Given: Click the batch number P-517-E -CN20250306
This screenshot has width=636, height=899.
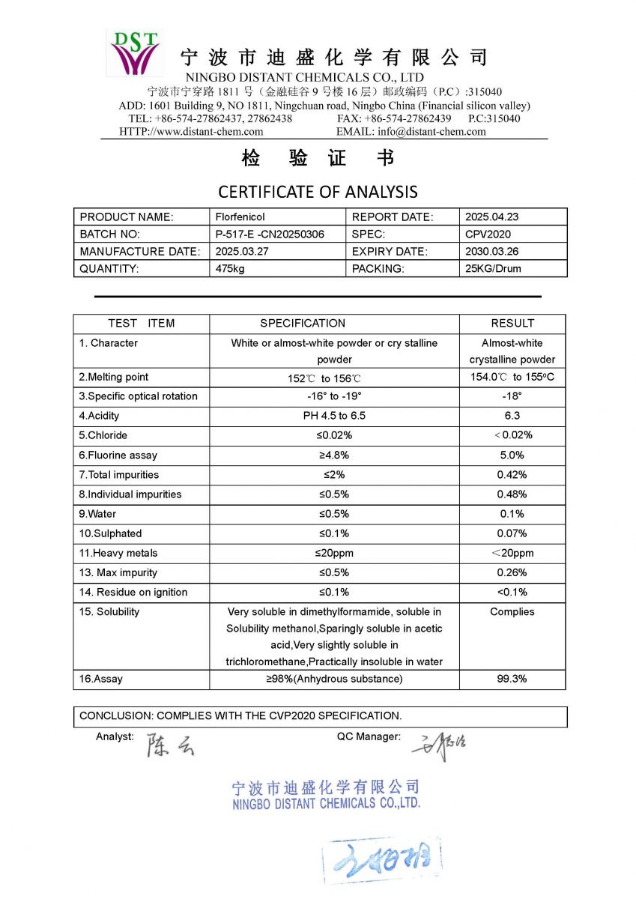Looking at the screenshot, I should [270, 234].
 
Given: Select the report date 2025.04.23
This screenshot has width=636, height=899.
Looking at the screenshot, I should [491, 217].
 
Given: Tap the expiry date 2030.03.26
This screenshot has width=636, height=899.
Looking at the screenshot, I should [491, 252].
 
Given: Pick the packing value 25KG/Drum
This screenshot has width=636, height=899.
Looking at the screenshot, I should [493, 269].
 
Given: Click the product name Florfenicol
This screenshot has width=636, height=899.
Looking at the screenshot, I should [240, 217].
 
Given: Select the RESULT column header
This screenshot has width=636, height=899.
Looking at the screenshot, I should [512, 324].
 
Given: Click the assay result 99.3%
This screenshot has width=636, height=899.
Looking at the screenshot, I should [512, 679].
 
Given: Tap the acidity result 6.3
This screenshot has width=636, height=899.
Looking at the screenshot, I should [512, 416].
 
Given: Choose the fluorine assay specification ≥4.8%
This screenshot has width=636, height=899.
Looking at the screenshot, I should [334, 455].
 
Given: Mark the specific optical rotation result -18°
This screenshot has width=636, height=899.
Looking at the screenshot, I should [512, 396].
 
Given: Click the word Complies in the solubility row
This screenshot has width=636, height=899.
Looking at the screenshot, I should [512, 612].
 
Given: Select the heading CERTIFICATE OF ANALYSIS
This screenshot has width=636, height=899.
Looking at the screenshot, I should [318, 192].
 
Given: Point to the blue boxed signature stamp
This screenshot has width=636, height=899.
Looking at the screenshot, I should [382, 862].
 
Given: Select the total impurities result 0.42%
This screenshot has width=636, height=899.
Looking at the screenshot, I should [512, 475].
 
